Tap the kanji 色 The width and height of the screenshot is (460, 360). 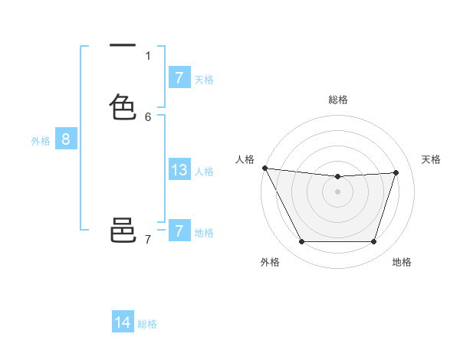123,106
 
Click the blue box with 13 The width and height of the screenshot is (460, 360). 179,170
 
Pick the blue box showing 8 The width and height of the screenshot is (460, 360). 66,139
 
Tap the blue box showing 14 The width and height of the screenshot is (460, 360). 123,322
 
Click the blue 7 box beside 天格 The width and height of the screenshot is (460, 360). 179,78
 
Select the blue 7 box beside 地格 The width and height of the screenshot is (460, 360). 179,231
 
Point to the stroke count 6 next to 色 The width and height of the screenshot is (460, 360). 148,116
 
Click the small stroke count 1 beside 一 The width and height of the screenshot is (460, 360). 148,55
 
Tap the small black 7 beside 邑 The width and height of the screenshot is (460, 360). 148,240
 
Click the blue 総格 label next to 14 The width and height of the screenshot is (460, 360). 147,324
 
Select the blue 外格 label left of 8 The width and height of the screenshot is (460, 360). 40,141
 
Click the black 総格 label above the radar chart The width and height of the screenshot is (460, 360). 337,100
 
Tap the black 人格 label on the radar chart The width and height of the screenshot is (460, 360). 245,159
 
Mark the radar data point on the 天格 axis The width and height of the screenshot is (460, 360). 396,172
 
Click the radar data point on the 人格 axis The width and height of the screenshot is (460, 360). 264,168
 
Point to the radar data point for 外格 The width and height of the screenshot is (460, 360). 301,241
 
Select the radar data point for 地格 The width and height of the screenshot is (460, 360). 373,241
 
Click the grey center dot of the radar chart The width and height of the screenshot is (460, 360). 337,191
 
